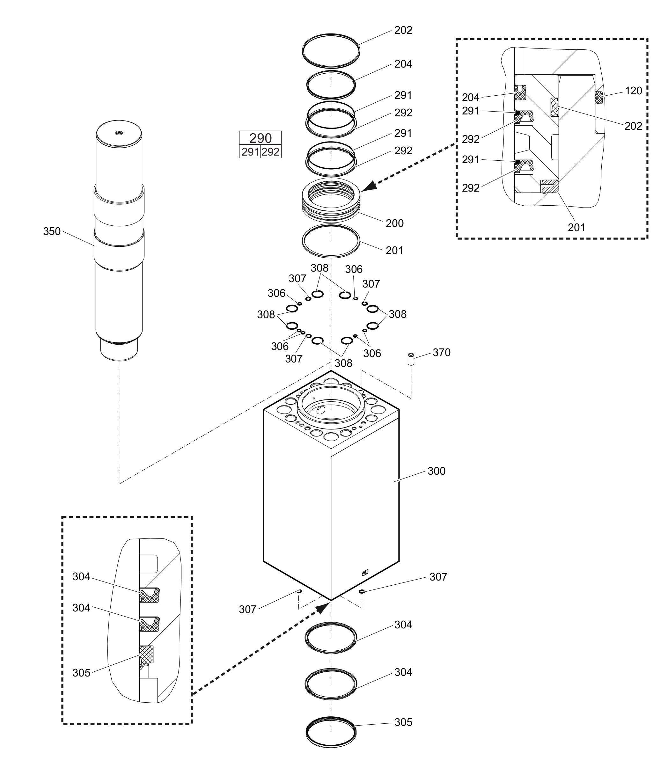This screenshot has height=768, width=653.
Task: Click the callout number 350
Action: tap(52, 231)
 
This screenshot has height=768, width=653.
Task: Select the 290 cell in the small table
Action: tap(260, 138)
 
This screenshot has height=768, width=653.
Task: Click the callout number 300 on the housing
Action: tap(437, 471)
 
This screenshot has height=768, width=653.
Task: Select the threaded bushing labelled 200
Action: tap(331, 200)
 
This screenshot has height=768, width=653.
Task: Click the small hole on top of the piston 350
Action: tap(119, 133)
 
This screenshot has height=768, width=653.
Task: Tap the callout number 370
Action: tap(442, 352)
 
